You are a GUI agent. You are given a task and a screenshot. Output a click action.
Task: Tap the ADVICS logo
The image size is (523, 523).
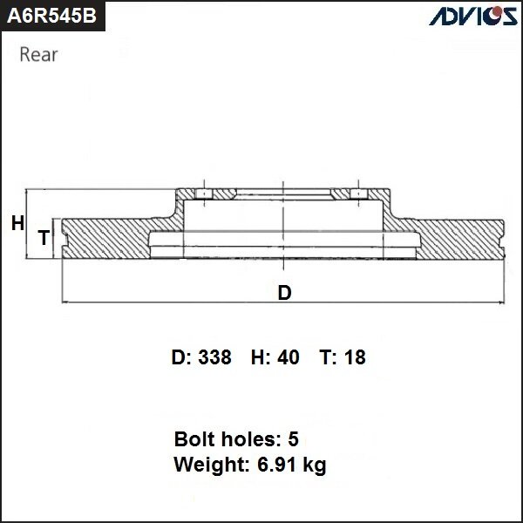[x=471, y=16]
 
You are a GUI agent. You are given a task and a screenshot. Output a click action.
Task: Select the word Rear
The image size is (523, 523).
[x=38, y=56]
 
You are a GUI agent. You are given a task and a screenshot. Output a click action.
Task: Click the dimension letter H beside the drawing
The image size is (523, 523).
[x=17, y=224]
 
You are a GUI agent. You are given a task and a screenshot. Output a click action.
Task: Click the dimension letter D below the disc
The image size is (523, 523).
[x=284, y=293]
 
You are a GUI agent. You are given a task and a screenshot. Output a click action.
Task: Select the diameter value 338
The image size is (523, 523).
[x=214, y=357]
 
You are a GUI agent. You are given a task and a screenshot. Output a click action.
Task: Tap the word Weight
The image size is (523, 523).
[x=207, y=465]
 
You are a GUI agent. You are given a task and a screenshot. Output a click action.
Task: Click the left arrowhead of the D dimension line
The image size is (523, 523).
[x=66, y=302]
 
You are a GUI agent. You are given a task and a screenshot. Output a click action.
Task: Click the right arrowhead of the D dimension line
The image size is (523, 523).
[x=501, y=302]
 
